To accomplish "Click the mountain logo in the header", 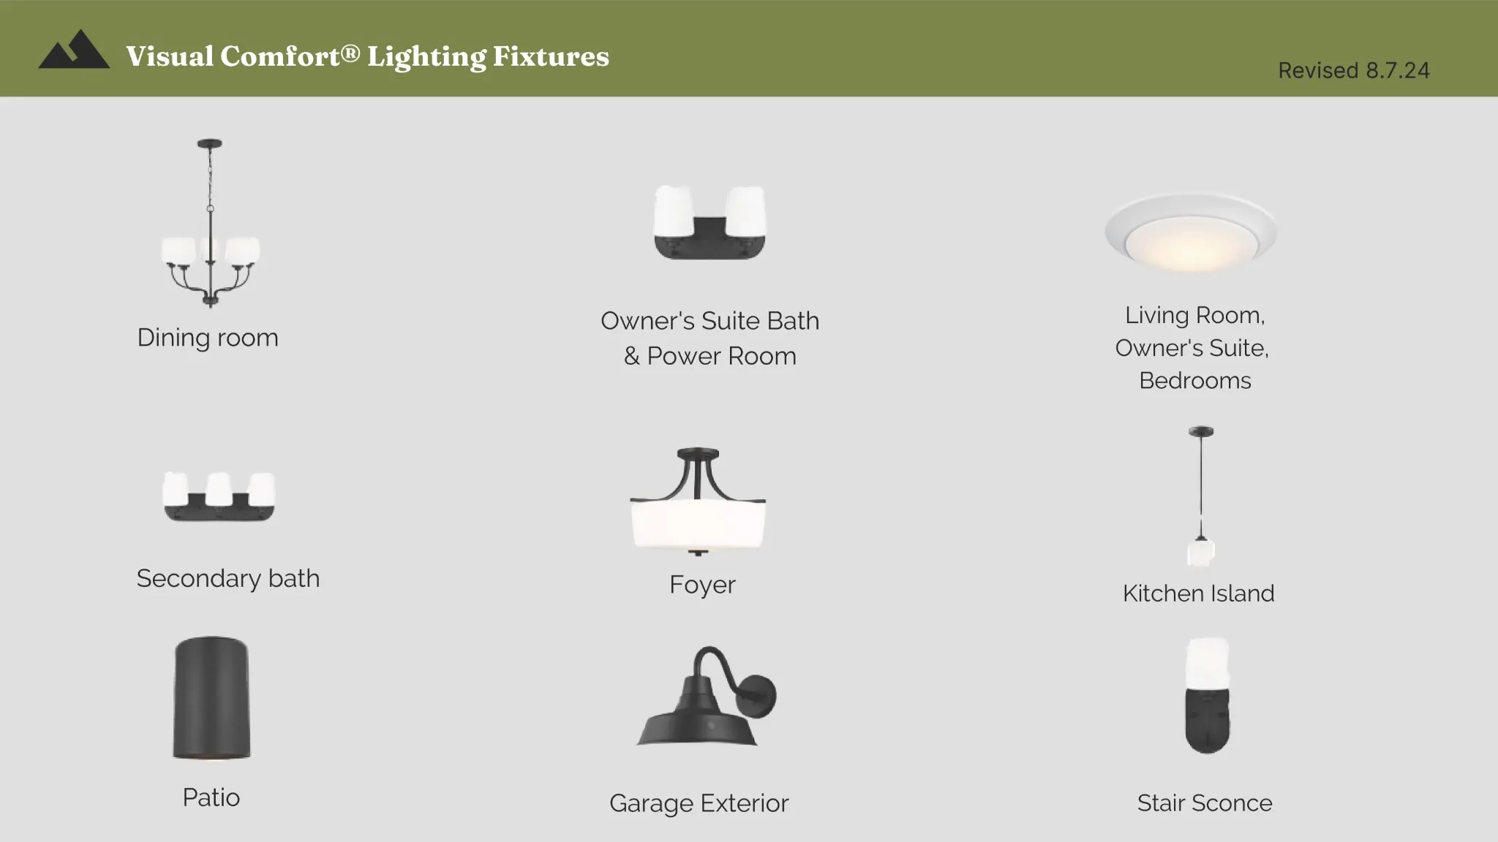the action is [x=74, y=50].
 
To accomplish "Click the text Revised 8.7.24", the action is [x=1353, y=70].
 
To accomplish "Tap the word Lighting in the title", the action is [x=426, y=57].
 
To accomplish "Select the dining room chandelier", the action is [x=211, y=223].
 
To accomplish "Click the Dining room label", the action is [x=208, y=338].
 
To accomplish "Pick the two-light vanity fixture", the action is [x=710, y=222].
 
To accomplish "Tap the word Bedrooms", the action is [x=1195, y=381].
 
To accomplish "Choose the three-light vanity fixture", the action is [x=219, y=496].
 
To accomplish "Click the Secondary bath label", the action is [x=228, y=579].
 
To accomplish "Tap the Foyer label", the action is [x=702, y=585].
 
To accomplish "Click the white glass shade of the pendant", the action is [x=1201, y=553].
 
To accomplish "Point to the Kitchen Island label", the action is [x=1198, y=593].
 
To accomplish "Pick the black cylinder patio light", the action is [x=211, y=698].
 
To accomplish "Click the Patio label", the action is [x=211, y=797].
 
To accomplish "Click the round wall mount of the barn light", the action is [x=758, y=695].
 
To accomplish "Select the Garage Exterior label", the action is [x=699, y=803].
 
